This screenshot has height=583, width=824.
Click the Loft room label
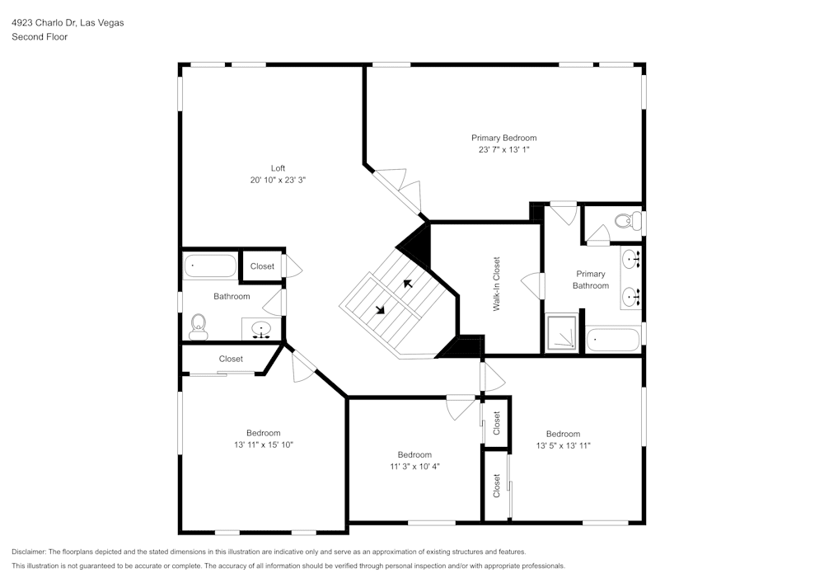(x=279, y=168)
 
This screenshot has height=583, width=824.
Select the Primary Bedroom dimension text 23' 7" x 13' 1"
(x=503, y=150)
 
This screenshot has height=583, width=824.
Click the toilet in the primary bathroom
(x=629, y=221)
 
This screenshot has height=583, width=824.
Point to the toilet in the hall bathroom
(x=198, y=327)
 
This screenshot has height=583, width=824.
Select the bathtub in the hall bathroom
(x=210, y=266)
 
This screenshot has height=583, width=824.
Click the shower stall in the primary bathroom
(x=563, y=332)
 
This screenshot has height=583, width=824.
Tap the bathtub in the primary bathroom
(x=613, y=339)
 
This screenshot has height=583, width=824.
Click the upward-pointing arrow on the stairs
(x=406, y=284)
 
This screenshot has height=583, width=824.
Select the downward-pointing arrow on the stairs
(x=380, y=311)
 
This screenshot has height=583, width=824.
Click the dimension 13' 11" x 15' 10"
(x=263, y=444)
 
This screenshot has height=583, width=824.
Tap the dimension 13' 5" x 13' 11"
(x=563, y=445)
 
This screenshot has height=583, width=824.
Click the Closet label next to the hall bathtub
(x=262, y=266)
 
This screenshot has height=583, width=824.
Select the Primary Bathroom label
(x=591, y=280)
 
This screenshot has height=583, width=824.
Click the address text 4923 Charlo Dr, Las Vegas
(x=68, y=23)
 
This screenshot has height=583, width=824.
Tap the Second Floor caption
(x=40, y=37)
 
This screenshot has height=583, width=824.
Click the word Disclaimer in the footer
(x=29, y=552)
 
